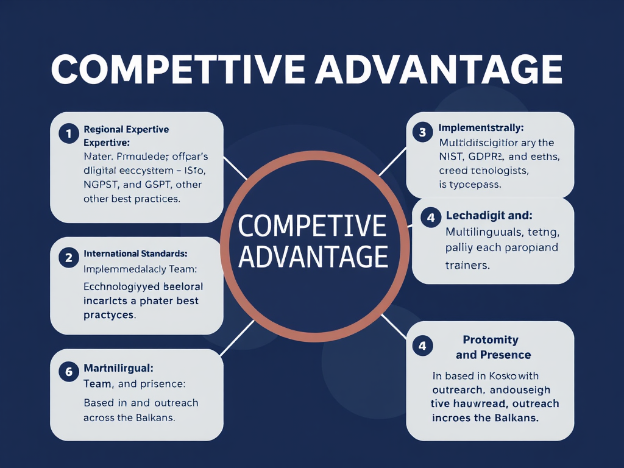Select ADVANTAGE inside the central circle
(313, 256)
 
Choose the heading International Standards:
(135, 253)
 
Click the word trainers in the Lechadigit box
(468, 265)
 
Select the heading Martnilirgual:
(118, 368)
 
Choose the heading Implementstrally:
(481, 129)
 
